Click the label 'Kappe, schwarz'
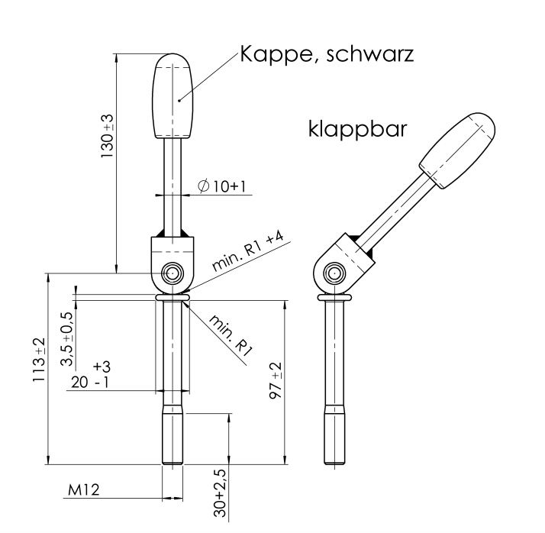click(x=327, y=56)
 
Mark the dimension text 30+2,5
click(x=221, y=495)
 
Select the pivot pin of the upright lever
click(x=173, y=273)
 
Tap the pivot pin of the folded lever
click(x=333, y=273)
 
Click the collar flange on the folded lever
click(x=333, y=297)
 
